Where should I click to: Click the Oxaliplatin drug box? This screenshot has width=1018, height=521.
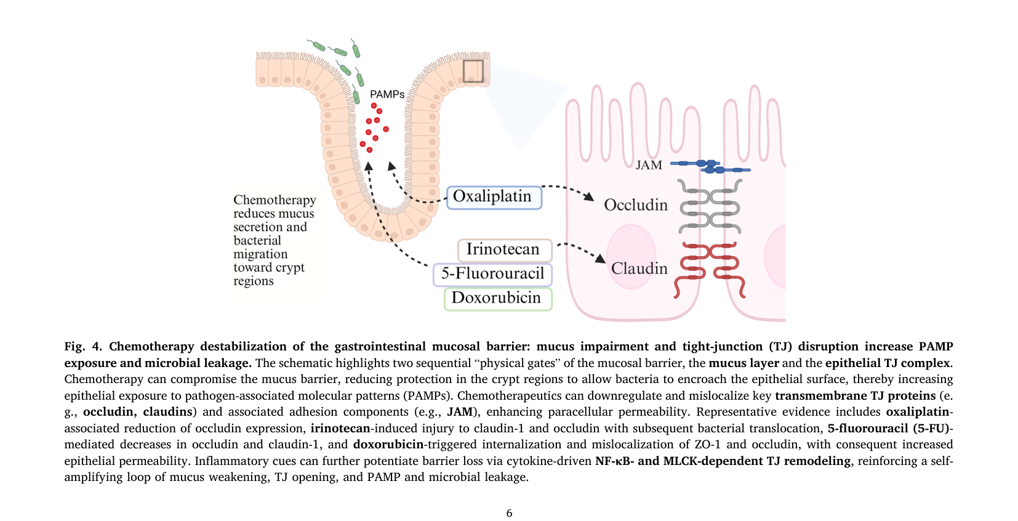(494, 197)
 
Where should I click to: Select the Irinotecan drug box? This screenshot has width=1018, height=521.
(505, 250)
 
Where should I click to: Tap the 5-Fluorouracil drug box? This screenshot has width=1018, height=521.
(492, 274)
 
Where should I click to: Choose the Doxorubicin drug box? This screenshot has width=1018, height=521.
(498, 299)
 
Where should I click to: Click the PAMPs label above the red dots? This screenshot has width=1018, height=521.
(387, 95)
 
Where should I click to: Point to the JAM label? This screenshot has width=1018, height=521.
(649, 165)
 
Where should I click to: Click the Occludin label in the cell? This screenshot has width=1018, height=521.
(636, 205)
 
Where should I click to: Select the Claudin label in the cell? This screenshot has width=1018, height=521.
(639, 269)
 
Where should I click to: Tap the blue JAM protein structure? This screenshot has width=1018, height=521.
(710, 166)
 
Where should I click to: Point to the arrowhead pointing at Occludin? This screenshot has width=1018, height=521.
(589, 196)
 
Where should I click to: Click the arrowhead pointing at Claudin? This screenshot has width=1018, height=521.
(600, 258)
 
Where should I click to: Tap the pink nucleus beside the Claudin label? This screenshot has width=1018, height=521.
(631, 256)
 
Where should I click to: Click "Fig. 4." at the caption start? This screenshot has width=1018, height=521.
(83, 347)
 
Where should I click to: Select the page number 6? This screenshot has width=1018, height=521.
(509, 513)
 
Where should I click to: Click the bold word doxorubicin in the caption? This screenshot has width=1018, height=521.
(388, 444)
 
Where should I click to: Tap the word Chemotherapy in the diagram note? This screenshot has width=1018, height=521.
(275, 200)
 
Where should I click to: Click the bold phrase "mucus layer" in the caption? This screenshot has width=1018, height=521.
(744, 363)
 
